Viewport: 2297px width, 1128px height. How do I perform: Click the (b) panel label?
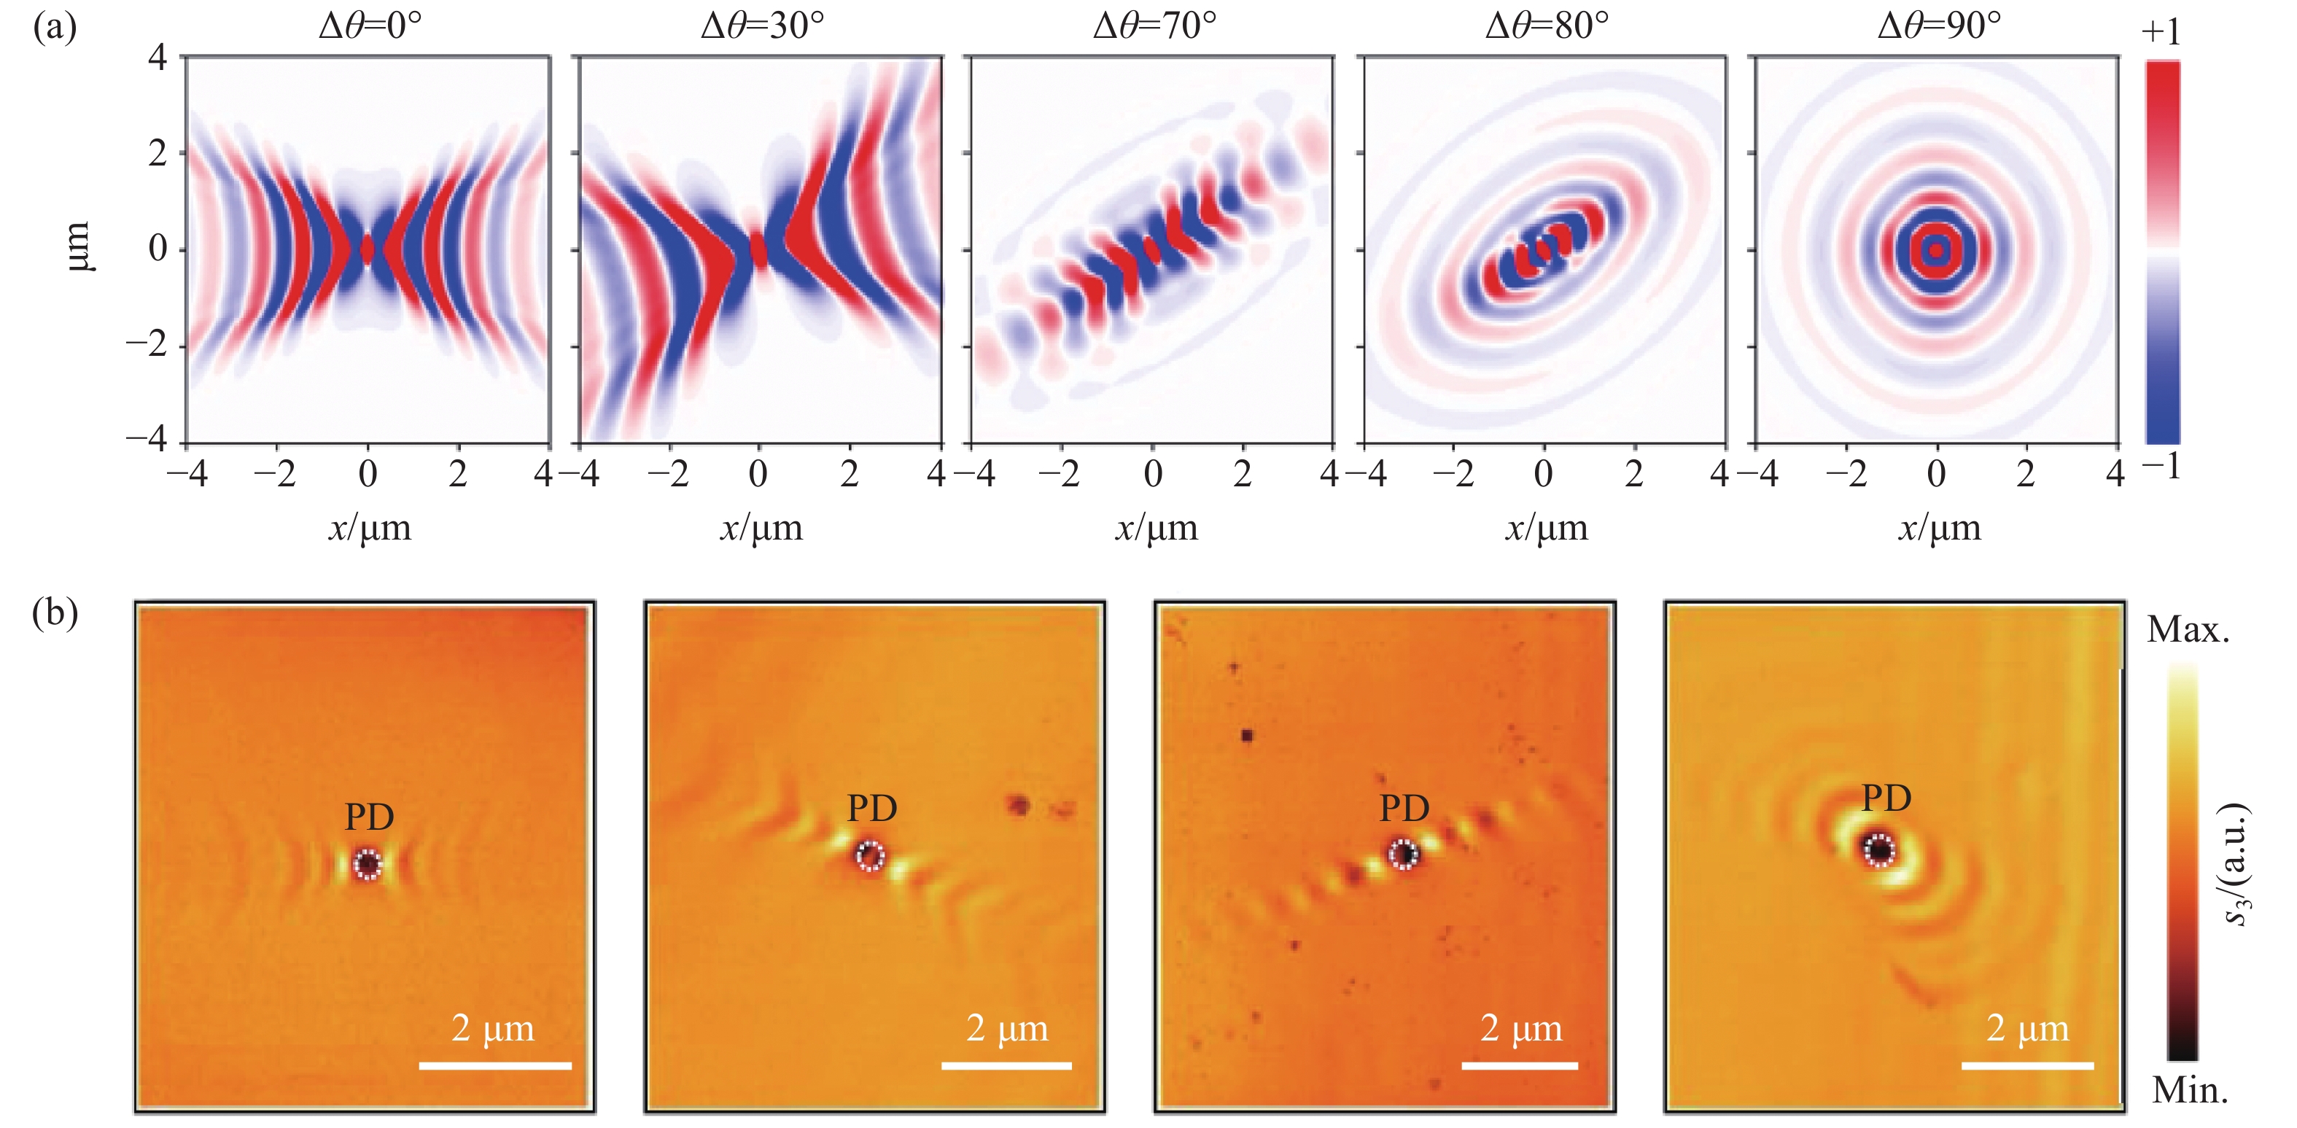tap(55, 612)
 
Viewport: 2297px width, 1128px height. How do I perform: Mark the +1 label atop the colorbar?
tap(2161, 32)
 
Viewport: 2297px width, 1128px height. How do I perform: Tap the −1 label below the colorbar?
tap(2161, 465)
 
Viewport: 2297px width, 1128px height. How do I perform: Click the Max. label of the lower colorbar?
tap(2188, 631)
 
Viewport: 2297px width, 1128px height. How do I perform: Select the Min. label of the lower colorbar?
tap(2189, 1089)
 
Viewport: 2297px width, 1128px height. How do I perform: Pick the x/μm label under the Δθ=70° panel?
tap(1156, 528)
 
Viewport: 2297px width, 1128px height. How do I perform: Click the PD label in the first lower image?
tap(369, 816)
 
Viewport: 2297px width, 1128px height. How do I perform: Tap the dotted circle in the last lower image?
tap(1878, 849)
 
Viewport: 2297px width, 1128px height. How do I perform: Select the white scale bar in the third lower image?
tap(1520, 1065)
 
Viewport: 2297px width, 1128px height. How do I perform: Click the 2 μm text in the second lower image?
tap(1007, 1028)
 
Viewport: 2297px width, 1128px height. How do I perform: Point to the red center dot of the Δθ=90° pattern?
tap(1936, 251)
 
